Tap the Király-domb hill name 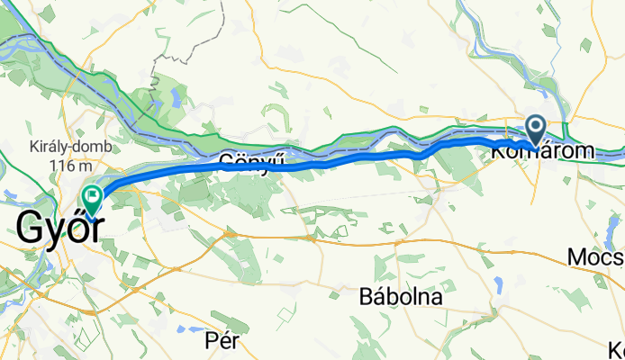pos(59,147)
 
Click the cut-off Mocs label pos(595,258)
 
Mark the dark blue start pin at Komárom pos(536,130)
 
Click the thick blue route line pos(360,160)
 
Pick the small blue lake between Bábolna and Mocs pos(498,286)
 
